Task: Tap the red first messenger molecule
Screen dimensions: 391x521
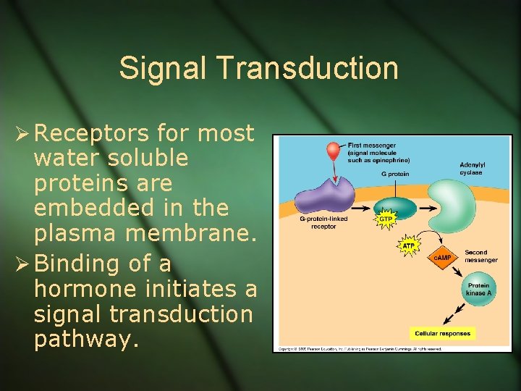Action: [333, 151]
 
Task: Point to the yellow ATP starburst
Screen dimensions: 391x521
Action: [409, 246]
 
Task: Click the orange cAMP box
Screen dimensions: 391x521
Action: [443, 257]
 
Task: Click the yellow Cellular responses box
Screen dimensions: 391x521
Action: [442, 334]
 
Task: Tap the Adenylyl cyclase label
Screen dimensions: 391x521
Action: [472, 168]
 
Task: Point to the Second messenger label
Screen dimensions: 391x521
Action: [480, 256]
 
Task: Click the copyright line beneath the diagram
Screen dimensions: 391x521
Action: [359, 348]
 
